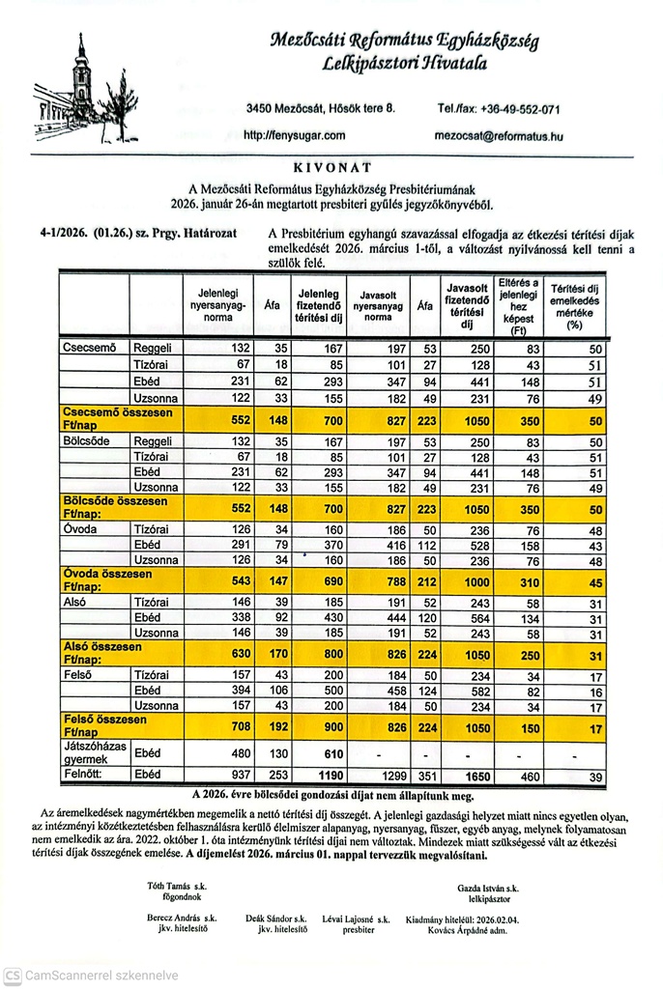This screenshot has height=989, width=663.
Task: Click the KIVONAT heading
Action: [331, 167]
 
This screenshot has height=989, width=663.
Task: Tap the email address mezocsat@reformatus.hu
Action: [500, 136]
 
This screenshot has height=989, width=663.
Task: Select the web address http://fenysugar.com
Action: [295, 136]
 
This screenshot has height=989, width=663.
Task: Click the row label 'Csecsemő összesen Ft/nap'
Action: [103, 417]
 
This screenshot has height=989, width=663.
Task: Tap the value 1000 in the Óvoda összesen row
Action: [466, 581]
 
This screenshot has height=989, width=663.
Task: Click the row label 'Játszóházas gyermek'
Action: [92, 752]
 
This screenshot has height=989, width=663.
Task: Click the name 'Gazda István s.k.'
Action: [488, 887]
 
